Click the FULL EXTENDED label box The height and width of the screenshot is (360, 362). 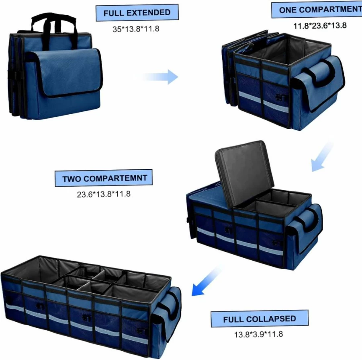coord(137,12)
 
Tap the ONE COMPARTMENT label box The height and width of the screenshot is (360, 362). coord(317,10)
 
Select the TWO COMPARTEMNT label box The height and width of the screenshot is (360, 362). coord(103,178)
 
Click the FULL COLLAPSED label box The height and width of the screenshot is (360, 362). coord(260,319)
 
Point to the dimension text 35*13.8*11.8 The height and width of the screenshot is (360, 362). coord(136,29)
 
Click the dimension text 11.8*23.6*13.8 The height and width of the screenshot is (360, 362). coord(320,25)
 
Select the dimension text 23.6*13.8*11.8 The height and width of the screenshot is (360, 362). coord(104,194)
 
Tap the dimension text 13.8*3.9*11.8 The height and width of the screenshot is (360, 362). coord(259,334)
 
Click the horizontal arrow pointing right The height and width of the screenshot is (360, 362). coord(160,77)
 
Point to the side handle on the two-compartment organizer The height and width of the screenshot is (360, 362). coord(310,221)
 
